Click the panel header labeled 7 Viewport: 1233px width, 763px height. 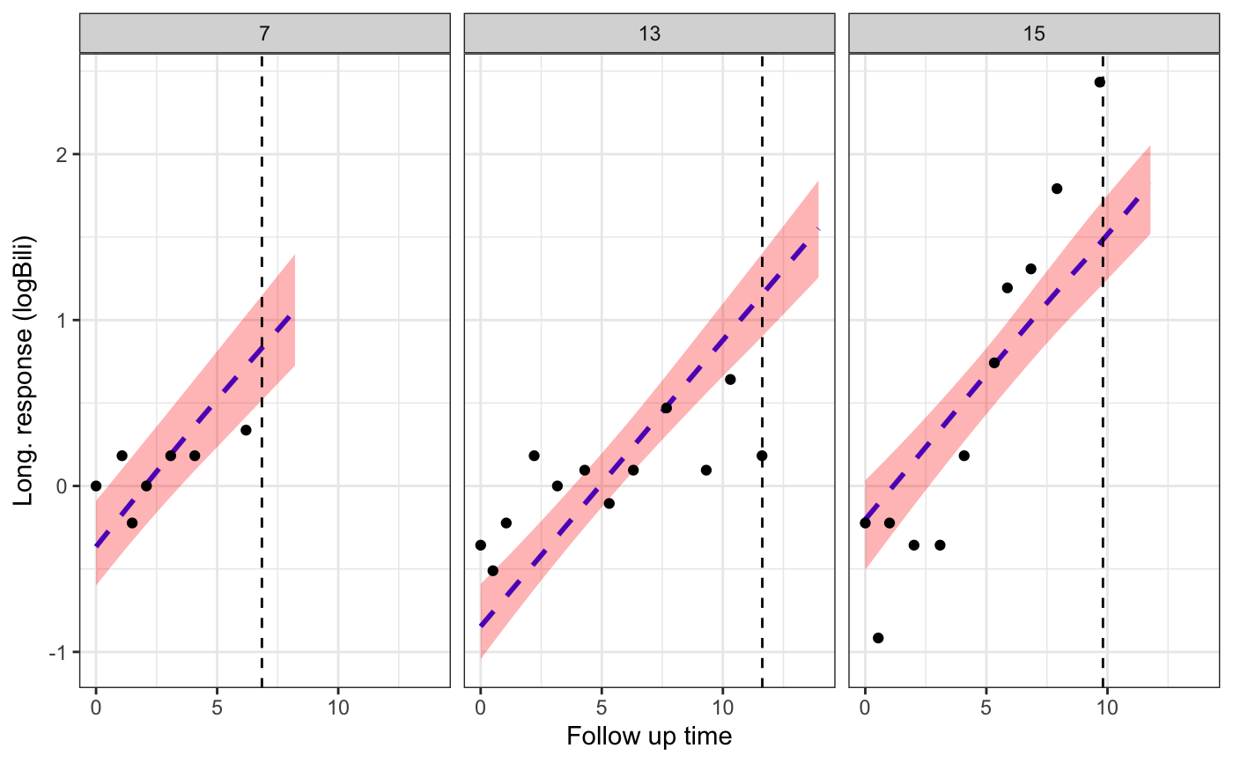click(x=264, y=33)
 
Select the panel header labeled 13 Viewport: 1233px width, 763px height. click(x=649, y=33)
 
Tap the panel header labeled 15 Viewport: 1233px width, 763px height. click(x=1034, y=33)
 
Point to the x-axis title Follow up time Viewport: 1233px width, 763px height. click(x=649, y=737)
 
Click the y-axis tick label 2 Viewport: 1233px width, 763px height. click(x=62, y=154)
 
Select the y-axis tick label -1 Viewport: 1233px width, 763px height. click(x=59, y=652)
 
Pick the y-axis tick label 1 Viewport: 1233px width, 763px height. click(x=62, y=320)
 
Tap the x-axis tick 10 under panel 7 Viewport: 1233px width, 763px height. click(x=337, y=707)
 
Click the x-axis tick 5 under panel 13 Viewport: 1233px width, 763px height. click(x=601, y=707)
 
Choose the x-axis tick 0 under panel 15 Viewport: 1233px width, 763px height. click(x=865, y=707)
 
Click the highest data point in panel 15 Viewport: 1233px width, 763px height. click(x=1099, y=82)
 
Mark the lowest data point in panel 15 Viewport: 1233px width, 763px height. click(x=878, y=638)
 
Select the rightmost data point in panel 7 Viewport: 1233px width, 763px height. click(x=246, y=430)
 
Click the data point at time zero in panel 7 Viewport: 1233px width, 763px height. click(x=96, y=485)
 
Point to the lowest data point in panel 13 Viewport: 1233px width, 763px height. click(x=492, y=571)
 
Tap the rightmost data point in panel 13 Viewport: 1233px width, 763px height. click(x=762, y=456)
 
